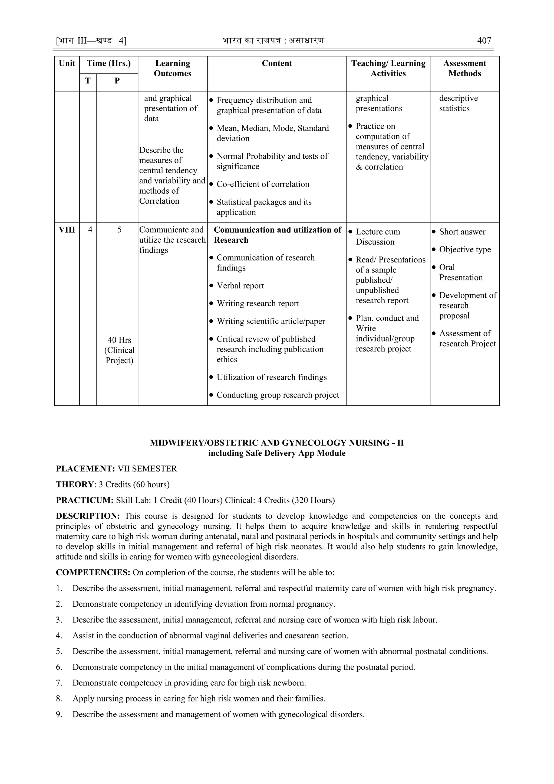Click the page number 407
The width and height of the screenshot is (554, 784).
(484, 41)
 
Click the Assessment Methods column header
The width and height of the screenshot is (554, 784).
(465, 68)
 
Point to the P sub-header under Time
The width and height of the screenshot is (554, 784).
(117, 81)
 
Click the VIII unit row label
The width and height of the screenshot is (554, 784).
(67, 230)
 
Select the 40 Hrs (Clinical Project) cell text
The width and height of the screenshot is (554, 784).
(119, 350)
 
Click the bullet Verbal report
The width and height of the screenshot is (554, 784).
(240, 286)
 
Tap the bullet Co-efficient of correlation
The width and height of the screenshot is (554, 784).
(263, 184)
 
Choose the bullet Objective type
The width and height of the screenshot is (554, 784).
(465, 250)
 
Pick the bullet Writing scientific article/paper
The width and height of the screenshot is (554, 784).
(271, 321)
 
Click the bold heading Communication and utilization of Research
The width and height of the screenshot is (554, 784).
(277, 235)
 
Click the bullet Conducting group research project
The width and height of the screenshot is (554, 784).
(278, 395)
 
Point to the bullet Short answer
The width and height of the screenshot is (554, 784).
(462, 232)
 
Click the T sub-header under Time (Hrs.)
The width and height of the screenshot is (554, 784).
(88, 81)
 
